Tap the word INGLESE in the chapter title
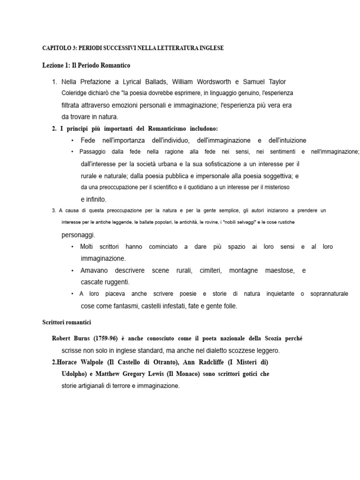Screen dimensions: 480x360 point(210,48)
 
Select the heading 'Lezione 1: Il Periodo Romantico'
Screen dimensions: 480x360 point(86,66)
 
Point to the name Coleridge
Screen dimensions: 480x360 point(75,93)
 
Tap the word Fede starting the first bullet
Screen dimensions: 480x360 point(88,140)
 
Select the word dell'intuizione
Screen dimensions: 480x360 point(287,140)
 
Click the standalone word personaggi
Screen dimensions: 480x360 point(78,234)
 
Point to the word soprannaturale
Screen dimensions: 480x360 point(330,294)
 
